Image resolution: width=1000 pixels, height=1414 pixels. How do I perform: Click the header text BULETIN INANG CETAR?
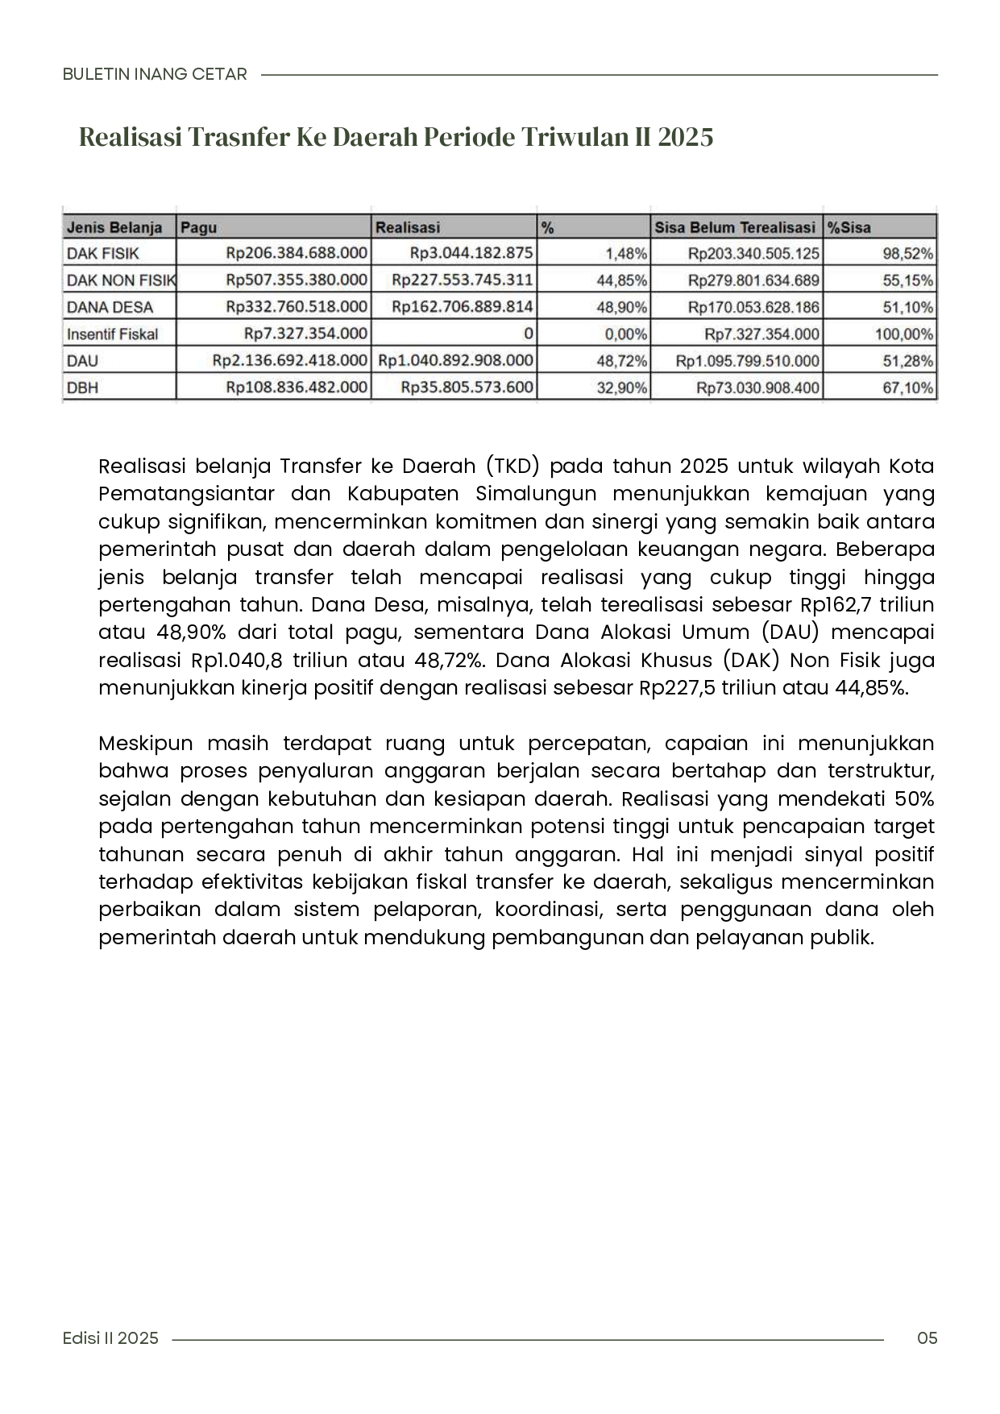click(155, 74)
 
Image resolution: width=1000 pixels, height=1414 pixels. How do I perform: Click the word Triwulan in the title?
click(572, 137)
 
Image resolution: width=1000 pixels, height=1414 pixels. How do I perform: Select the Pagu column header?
click(199, 227)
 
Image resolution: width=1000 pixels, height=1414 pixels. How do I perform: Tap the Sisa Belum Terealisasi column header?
click(734, 227)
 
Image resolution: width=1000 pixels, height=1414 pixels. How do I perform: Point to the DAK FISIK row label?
click(102, 254)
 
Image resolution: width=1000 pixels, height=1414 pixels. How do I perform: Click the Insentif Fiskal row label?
click(112, 334)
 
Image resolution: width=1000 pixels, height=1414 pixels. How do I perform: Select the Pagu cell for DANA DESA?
click(297, 307)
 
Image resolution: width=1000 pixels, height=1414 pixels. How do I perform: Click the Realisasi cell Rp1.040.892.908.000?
click(455, 361)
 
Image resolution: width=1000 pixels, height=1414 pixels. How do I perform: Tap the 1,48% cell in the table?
click(626, 254)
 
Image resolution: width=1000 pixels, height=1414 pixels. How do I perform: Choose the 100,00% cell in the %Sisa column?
click(904, 334)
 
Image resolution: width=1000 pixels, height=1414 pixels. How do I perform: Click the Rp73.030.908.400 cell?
click(757, 388)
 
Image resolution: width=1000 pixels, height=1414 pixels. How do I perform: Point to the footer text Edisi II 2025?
click(110, 1338)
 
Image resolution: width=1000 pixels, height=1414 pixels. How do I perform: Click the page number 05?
click(927, 1338)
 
